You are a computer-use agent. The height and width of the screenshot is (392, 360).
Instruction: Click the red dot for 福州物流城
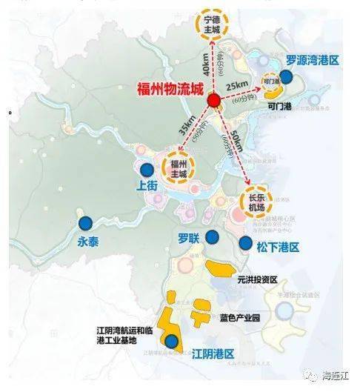[x=213, y=99]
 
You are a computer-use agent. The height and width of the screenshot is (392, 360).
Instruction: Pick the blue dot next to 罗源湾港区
[x=296, y=77]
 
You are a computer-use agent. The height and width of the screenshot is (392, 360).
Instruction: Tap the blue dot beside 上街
[x=146, y=170]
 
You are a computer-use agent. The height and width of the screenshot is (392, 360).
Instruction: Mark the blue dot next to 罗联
[x=213, y=236]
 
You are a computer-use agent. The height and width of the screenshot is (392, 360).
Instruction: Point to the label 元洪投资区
[x=257, y=280]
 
